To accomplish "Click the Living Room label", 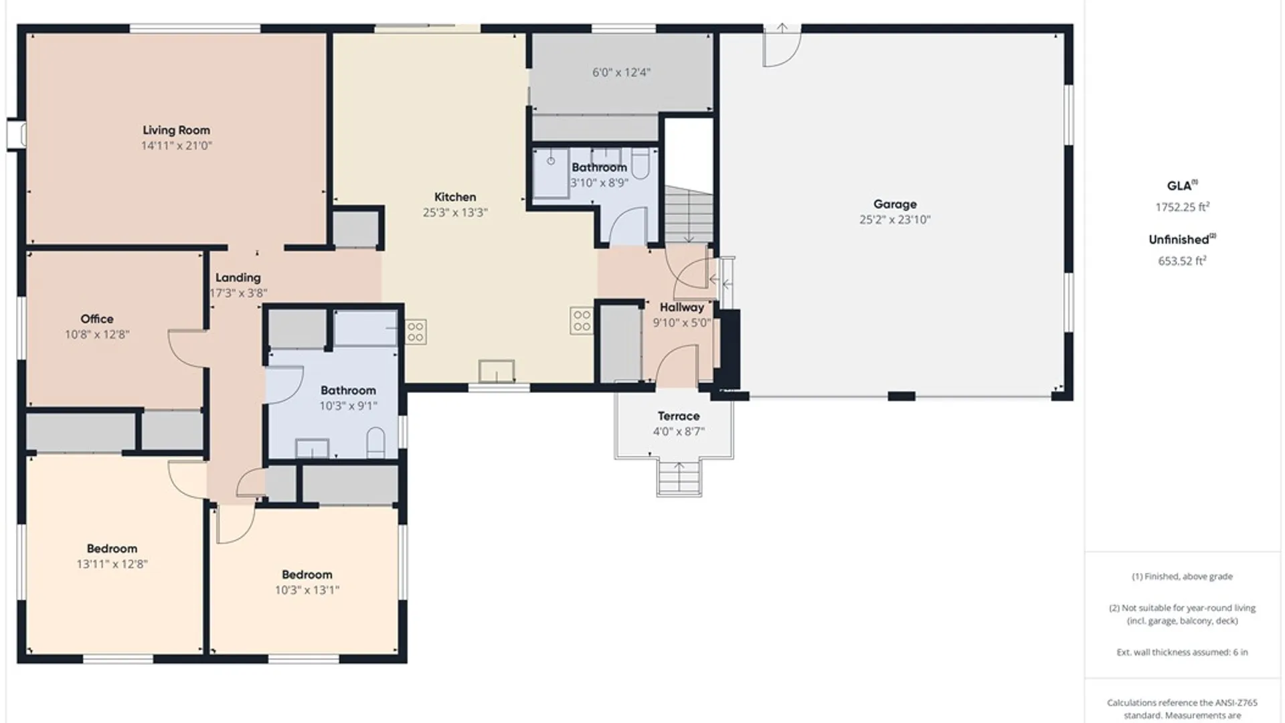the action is pyautogui.click(x=176, y=130).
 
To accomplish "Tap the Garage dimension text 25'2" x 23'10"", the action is pyautogui.click(x=895, y=220).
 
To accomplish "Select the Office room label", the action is pyautogui.click(x=97, y=319).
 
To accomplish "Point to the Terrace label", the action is pyautogui.click(x=679, y=416).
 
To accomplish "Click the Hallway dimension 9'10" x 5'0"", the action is pyautogui.click(x=681, y=323).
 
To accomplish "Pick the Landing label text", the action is pyautogui.click(x=238, y=277).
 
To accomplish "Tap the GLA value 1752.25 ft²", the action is pyautogui.click(x=1182, y=207).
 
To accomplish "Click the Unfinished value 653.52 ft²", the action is pyautogui.click(x=1182, y=260).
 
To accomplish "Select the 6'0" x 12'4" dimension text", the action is pyautogui.click(x=621, y=72).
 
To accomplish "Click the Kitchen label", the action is pyautogui.click(x=455, y=197).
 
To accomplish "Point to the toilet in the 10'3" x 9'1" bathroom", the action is pyautogui.click(x=376, y=443).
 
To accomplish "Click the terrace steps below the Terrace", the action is pyautogui.click(x=679, y=477).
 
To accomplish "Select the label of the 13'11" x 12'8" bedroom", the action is pyautogui.click(x=112, y=548).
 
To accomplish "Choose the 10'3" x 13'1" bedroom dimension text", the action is pyautogui.click(x=307, y=590).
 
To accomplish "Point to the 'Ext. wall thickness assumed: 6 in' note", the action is pyautogui.click(x=1182, y=652).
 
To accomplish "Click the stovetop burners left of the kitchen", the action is pyautogui.click(x=416, y=332).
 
